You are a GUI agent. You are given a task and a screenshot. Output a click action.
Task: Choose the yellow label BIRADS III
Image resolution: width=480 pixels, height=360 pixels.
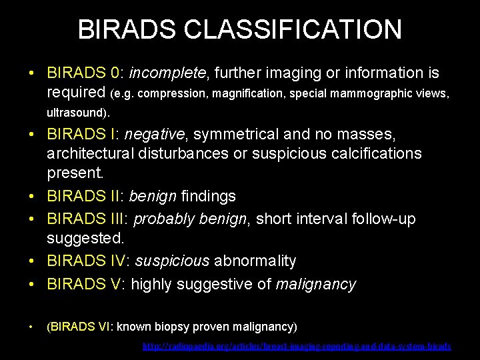pyautogui.click(x=87, y=217)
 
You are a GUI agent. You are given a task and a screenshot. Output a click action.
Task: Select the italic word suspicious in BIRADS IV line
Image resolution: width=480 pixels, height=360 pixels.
pyautogui.click(x=172, y=261)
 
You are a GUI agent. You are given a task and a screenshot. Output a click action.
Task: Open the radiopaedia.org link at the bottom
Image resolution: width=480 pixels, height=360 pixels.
pyautogui.click(x=297, y=347)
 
